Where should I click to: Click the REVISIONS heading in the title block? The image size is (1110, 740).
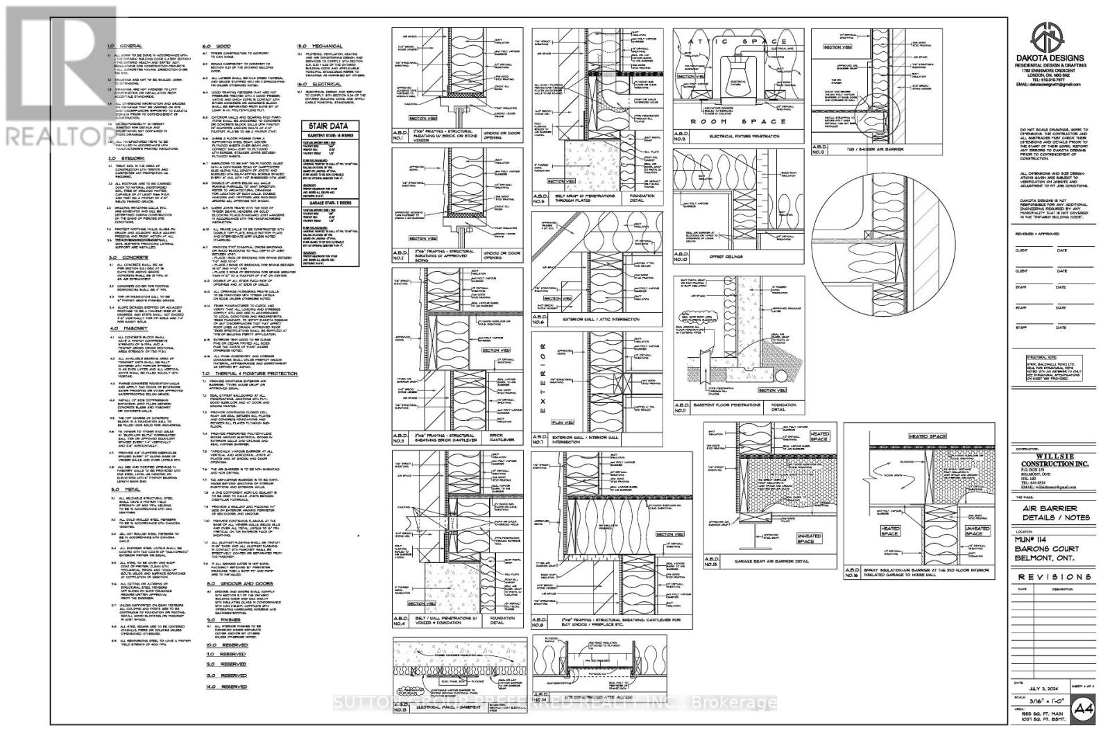point(1054,577)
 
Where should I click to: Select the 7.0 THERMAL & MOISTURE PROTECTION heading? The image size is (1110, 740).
point(250,373)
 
